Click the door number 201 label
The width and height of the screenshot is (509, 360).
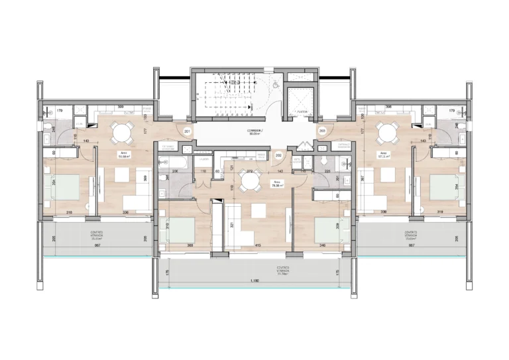tap(188, 132)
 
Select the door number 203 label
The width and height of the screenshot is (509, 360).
tap(322, 131)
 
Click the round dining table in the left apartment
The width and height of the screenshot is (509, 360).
tap(120, 133)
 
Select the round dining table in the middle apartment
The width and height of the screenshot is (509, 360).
tap(250, 180)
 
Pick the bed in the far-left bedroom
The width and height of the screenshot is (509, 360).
tap(61, 188)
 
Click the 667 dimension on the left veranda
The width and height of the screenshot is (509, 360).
tap(97, 245)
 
